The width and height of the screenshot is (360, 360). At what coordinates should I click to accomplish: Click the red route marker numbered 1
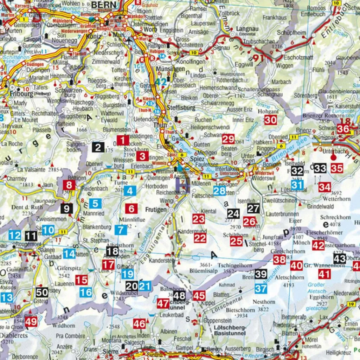pyautogui.click(x=123, y=141)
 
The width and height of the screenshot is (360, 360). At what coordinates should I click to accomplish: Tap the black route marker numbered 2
pyautogui.click(x=98, y=147)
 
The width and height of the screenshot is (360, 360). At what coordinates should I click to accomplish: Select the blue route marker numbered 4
pyautogui.click(x=130, y=191)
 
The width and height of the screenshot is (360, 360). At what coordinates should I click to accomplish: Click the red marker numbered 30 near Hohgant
pyautogui.click(x=270, y=120)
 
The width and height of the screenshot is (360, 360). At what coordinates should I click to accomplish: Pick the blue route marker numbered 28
pyautogui.click(x=219, y=191)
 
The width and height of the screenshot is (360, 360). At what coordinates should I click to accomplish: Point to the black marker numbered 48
pyautogui.click(x=179, y=296)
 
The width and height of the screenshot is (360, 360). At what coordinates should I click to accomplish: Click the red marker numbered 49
pyautogui.click(x=31, y=322)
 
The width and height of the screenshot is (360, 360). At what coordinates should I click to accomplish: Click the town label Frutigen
pyautogui.click(x=155, y=210)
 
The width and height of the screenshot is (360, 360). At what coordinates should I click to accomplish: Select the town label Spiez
pyautogui.click(x=197, y=159)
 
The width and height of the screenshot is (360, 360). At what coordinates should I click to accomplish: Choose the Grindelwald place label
pyautogui.click(x=320, y=206)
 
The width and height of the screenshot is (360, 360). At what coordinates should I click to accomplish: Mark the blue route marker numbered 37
pyautogui.click(x=261, y=289)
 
